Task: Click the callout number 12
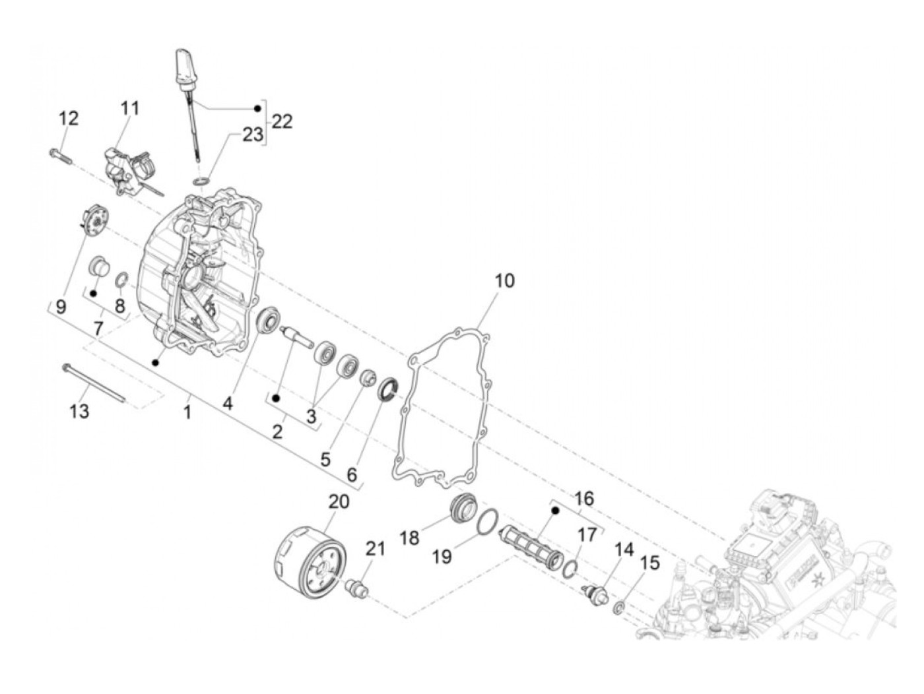pos(69,119)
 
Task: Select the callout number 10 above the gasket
pos(504,280)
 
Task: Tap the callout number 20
pos(339,501)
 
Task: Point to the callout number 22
pos(282,122)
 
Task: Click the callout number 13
pos(79,412)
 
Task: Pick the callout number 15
pos(650,563)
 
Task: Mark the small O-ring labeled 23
pos(203,181)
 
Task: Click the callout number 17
pos(587,535)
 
